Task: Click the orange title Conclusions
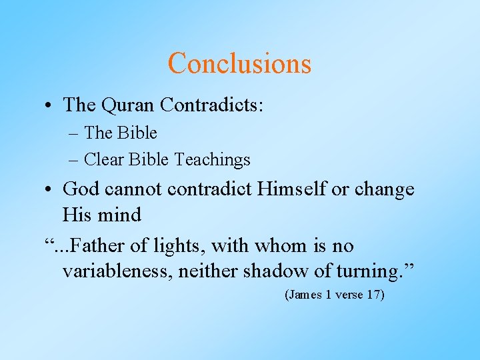pyautogui.click(x=239, y=63)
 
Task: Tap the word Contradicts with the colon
pyautogui.click(x=212, y=105)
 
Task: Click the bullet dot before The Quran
pyautogui.click(x=50, y=105)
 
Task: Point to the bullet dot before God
pyautogui.click(x=50, y=189)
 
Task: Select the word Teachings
pyautogui.click(x=212, y=160)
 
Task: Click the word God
pyautogui.click(x=82, y=189)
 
